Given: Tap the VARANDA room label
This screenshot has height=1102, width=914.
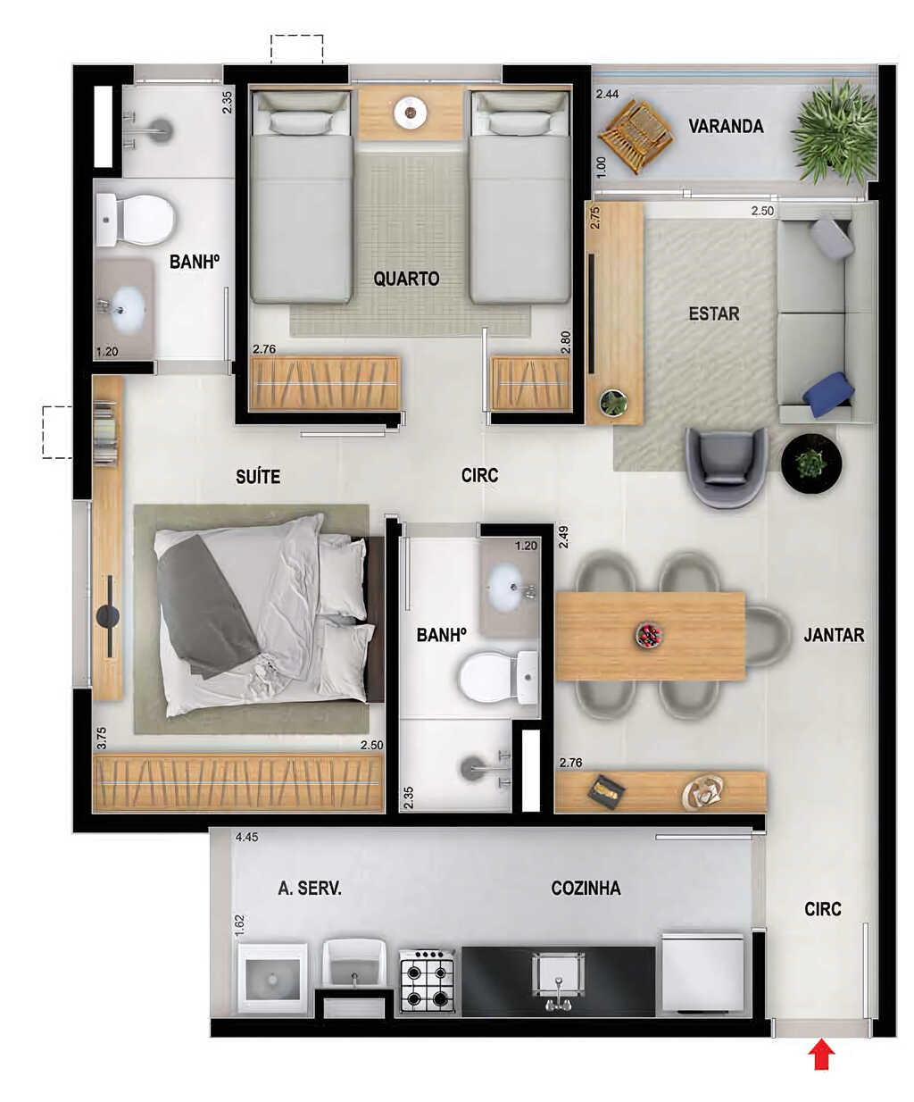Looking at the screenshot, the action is coord(726,126).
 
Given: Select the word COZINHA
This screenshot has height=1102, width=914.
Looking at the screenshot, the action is coord(586,889).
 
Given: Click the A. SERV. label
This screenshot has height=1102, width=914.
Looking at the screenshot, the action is coord(310,889).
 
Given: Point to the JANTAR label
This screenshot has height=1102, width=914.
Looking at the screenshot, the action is coord(834,635).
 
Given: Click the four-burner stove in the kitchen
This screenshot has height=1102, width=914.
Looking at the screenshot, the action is coord(428,980).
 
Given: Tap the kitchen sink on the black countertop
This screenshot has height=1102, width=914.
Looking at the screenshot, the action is coord(559,981).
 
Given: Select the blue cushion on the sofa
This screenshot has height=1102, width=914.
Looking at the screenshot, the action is coord(827,394).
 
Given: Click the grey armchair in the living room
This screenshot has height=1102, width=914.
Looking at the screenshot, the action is coord(726,467).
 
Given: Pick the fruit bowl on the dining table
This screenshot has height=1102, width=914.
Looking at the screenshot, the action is coord(649,635).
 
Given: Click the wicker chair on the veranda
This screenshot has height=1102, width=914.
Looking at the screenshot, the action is coord(635,136).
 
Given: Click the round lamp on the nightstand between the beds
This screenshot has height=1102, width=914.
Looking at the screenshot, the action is coord(410,112).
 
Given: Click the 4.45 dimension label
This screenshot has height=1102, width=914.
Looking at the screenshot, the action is coord(246,837).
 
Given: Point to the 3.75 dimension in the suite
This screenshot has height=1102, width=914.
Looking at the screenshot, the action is coord(102,738).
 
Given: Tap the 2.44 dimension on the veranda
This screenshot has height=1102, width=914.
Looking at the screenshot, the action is coord(607,94).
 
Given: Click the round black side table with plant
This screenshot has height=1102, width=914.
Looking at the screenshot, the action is coord(811,463).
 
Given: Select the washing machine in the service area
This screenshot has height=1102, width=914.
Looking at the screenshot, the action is coord(272,979).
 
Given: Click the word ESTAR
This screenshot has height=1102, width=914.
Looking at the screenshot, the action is coord(713,314).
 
